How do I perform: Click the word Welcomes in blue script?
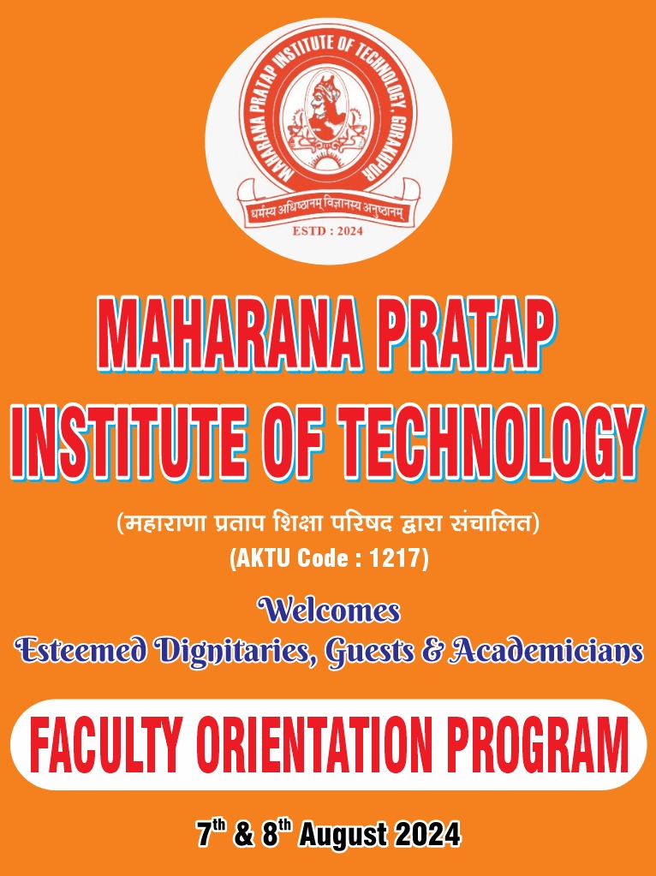pyautogui.click(x=329, y=610)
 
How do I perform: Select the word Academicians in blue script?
pyautogui.click(x=546, y=651)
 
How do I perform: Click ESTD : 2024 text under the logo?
pyautogui.click(x=327, y=230)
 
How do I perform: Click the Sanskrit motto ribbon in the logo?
pyautogui.click(x=329, y=211)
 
